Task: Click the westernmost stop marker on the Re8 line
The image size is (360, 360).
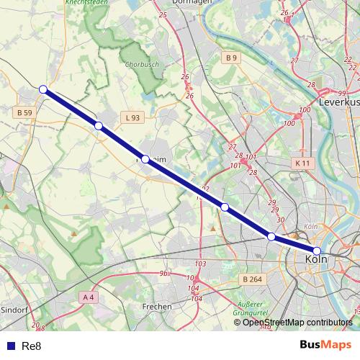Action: tap(43, 89)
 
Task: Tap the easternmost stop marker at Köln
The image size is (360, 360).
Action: tap(317, 251)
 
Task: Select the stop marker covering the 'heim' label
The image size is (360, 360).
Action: tap(145, 159)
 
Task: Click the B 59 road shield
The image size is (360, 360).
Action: tap(24, 113)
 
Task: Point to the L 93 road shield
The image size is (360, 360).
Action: tap(132, 117)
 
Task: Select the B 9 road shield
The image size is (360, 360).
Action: tap(230, 57)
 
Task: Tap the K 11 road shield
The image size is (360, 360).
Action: tap(302, 163)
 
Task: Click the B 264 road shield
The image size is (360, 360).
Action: tap(252, 279)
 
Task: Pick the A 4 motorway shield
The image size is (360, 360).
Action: tap(88, 297)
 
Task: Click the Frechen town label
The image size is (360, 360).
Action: tap(157, 306)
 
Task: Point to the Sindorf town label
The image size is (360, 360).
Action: tap(14, 310)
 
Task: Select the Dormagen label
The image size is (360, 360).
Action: tap(176, 3)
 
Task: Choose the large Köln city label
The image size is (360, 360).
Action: tap(318, 259)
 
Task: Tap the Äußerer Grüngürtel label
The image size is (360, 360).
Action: tap(251, 309)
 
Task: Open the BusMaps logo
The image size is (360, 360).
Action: tap(325, 345)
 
